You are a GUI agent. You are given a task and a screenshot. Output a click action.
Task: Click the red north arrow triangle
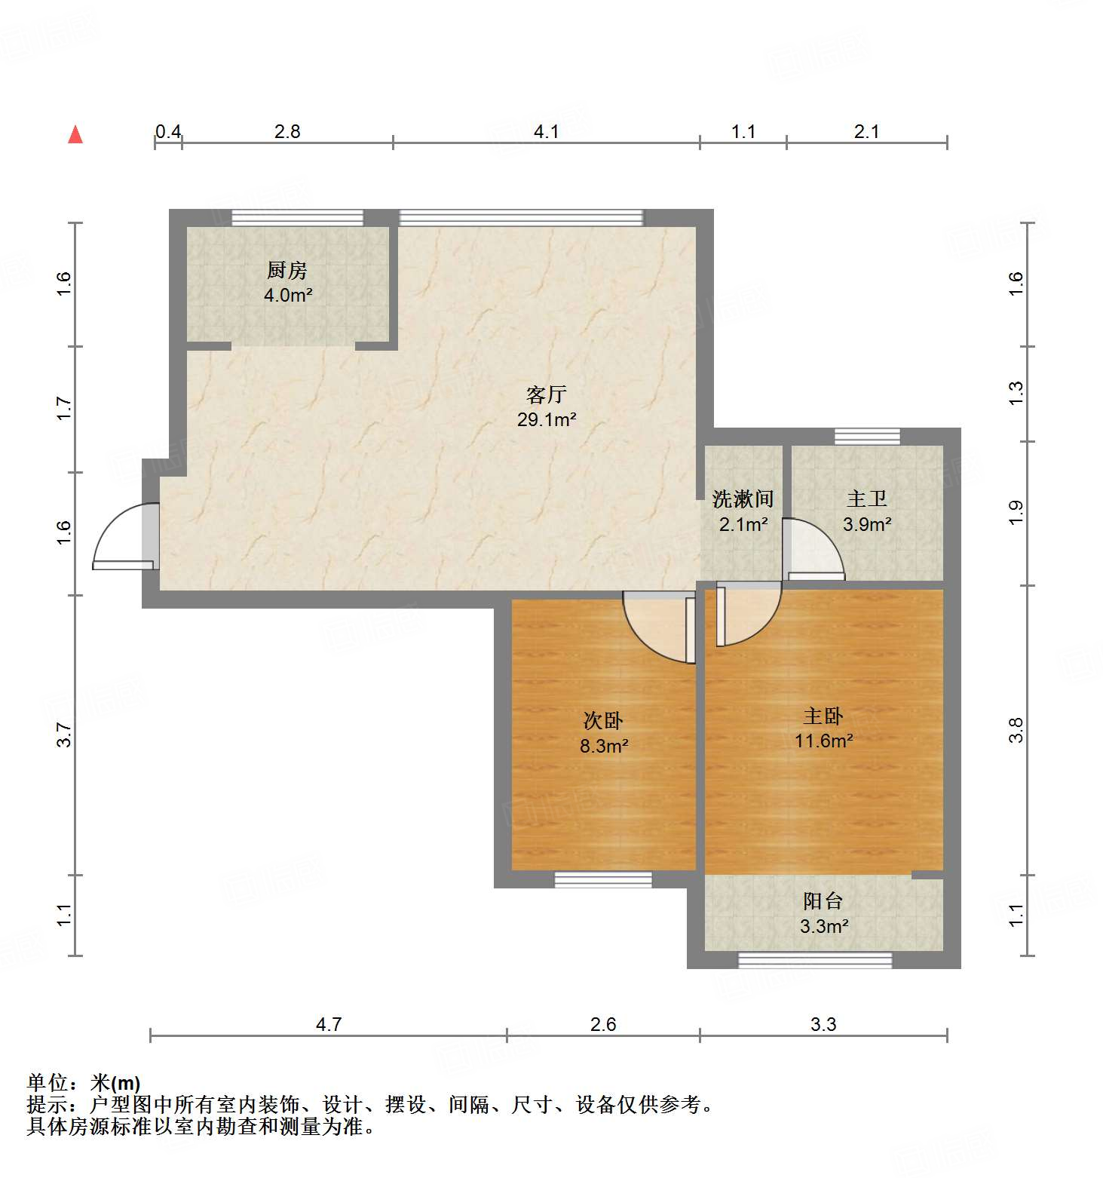coord(75,135)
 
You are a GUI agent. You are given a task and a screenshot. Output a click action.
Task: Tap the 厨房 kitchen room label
coord(287,270)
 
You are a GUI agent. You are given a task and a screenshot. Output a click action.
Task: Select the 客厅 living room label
coord(546,394)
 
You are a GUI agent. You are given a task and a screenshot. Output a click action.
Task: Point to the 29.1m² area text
coord(547,420)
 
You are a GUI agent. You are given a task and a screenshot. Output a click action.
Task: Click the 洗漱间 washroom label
coord(743,499)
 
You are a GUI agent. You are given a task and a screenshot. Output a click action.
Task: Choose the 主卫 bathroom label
coord(867,499)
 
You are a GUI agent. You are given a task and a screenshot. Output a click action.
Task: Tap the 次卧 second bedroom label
coord(603,720)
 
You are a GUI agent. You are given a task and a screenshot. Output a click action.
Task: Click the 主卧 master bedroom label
coord(823,715)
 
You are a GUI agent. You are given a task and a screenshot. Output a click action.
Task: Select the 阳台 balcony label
coord(823,900)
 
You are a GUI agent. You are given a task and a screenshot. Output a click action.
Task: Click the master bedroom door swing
coord(746,615)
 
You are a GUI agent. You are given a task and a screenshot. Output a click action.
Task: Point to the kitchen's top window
coord(297,218)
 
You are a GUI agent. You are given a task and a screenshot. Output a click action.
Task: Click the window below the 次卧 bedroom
coord(603,879)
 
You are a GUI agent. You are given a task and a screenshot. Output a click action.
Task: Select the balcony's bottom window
coord(814,960)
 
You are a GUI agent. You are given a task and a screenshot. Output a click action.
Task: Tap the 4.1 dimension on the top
coord(546,132)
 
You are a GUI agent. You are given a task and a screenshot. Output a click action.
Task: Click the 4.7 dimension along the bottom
coord(329,1024)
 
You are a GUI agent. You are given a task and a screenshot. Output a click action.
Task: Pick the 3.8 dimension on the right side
coord(1016,730)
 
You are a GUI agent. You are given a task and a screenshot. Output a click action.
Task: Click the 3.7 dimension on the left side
coord(65,735)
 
